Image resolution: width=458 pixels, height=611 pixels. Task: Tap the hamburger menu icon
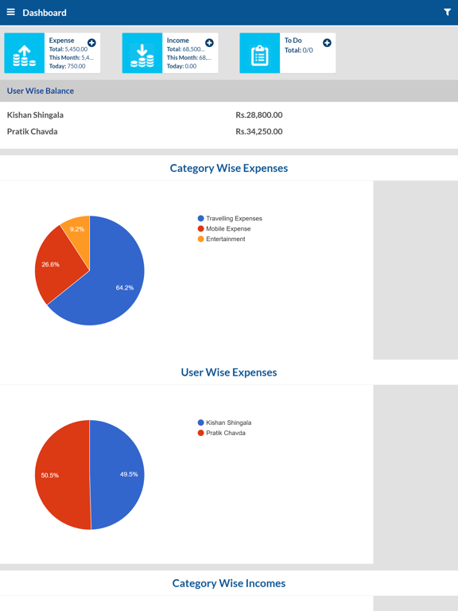(11, 12)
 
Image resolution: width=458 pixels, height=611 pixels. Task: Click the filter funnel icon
(447, 12)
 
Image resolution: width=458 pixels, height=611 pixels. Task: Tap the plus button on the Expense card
(91, 43)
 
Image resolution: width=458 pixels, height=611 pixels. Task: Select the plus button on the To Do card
(327, 43)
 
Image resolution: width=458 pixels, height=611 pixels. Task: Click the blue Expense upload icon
(25, 53)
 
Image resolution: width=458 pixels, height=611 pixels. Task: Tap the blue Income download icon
(142, 53)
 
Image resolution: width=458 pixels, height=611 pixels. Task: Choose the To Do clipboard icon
(260, 53)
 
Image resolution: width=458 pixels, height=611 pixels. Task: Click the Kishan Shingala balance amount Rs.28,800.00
(259, 115)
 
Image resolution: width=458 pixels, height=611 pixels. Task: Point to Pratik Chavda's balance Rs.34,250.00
(259, 131)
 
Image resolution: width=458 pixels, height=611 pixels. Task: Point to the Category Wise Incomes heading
(229, 583)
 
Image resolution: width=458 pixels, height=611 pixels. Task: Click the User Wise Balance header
(41, 91)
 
